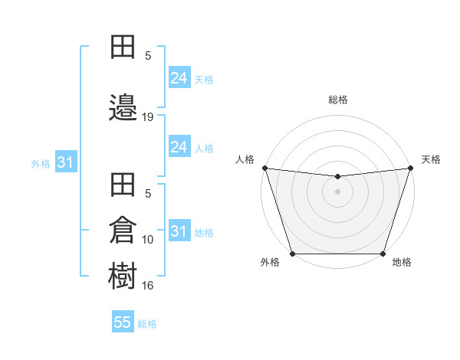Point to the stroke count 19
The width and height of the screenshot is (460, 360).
[148, 117]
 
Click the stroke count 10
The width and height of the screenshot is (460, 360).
[148, 240]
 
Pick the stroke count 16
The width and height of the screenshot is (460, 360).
[148, 286]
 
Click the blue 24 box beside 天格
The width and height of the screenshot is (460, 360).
[179, 78]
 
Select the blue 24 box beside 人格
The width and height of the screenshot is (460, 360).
[179, 147]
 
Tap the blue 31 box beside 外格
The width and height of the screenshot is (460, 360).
[65, 162]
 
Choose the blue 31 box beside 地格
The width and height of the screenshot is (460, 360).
[179, 231]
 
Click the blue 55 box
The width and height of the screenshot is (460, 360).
[123, 322]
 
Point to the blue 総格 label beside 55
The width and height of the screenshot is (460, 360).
[147, 324]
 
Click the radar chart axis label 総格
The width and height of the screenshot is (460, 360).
[337, 100]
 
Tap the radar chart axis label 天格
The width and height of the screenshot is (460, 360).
[432, 159]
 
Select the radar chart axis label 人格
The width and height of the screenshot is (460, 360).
[245, 159]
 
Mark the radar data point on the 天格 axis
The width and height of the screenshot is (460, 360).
[410, 169]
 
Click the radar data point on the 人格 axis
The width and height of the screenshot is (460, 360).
[264, 169]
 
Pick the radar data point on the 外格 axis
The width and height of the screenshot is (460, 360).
[292, 254]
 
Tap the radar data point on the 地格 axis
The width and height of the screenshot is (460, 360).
[383, 254]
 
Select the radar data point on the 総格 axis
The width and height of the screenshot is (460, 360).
[337, 177]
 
